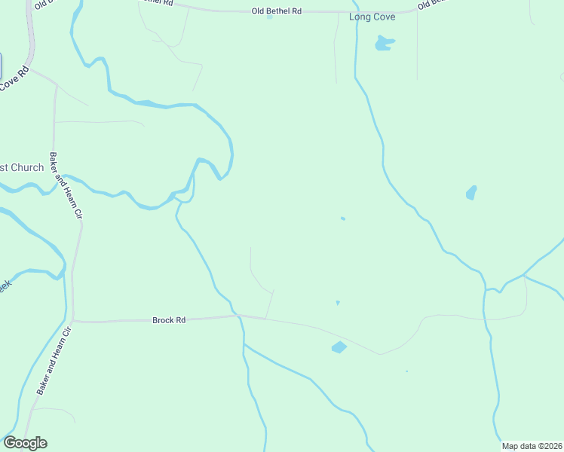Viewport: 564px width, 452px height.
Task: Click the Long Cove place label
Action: point(372,17)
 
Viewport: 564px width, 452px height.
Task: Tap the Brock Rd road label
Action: point(169,320)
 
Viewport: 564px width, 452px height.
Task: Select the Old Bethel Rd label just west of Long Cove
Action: point(276,11)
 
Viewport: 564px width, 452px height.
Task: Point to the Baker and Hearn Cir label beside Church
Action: point(65,185)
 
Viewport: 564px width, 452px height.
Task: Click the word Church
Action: point(28,167)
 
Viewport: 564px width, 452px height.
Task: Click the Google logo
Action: point(25,443)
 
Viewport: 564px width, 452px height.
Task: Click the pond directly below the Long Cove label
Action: point(385,44)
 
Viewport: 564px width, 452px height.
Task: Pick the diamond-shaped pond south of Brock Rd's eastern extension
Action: point(339,347)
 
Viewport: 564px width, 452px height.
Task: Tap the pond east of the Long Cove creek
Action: point(471,193)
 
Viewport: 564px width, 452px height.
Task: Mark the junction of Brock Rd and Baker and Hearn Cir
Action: point(74,322)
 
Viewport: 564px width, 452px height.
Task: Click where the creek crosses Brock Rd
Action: point(235,316)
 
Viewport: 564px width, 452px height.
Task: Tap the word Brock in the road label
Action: point(162,320)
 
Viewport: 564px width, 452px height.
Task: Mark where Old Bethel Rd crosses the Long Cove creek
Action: point(353,11)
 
